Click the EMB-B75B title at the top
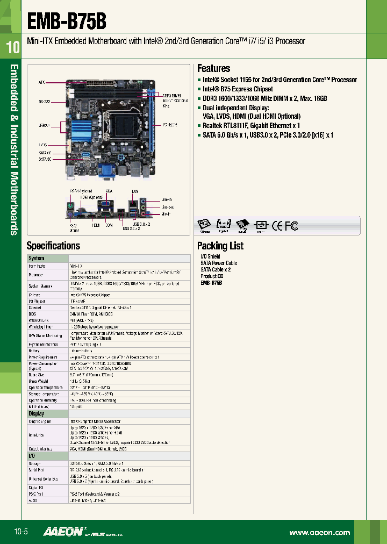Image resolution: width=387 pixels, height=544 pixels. pyautogui.click(x=67, y=22)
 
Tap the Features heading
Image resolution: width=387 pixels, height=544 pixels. pyautogui.click(x=213, y=69)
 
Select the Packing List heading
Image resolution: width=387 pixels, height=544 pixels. pyautogui.click(x=220, y=246)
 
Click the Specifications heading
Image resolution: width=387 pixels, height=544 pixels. pyautogui.click(x=53, y=246)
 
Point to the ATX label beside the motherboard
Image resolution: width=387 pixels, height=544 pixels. pyautogui.click(x=41, y=83)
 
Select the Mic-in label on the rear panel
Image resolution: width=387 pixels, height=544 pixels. pyautogui.click(x=166, y=214)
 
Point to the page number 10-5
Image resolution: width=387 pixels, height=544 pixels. pyautogui.click(x=20, y=532)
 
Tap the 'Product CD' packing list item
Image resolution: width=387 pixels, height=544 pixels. pyautogui.click(x=212, y=276)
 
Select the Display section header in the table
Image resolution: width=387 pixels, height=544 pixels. pyautogui.click(x=37, y=414)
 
